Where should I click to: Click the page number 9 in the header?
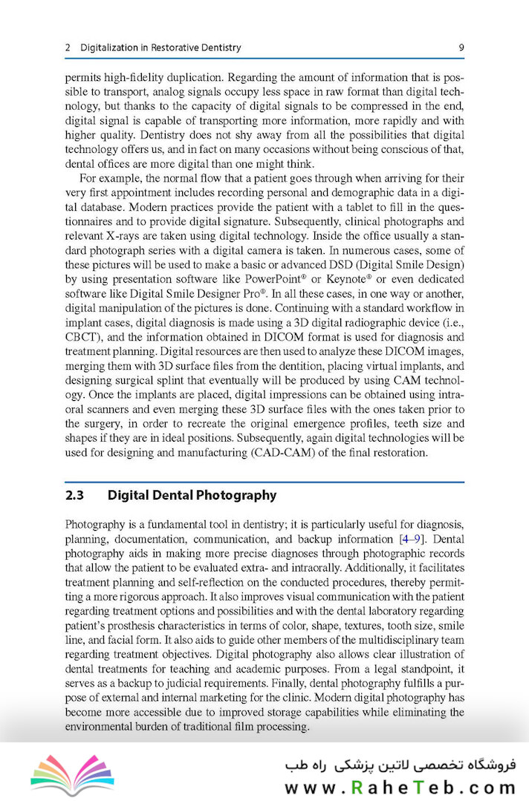461,48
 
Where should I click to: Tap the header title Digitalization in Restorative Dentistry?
160,48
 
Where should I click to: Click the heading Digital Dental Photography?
192,495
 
